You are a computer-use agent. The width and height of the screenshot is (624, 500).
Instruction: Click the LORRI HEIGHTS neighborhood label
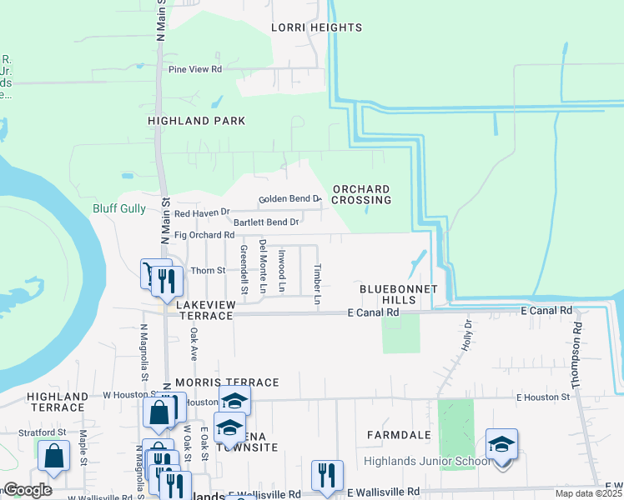pos(317,27)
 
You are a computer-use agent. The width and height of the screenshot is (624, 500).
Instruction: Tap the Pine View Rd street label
pos(195,69)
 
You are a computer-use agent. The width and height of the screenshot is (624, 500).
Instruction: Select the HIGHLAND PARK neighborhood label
pos(197,121)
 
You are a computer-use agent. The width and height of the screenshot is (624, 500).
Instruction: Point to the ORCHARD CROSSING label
pos(361,194)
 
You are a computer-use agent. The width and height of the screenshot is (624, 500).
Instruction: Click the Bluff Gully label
pos(118,208)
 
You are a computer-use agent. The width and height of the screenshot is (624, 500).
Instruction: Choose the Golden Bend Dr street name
pos(289,199)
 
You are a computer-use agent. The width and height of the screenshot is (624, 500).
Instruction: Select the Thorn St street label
pos(209,270)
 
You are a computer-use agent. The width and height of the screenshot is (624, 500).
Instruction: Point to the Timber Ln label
pos(317,284)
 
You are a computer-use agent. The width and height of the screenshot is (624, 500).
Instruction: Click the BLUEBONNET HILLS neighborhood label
pos(387,294)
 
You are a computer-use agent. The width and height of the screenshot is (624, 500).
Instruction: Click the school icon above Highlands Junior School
pos(501,445)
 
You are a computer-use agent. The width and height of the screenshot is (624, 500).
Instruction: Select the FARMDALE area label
pos(396,435)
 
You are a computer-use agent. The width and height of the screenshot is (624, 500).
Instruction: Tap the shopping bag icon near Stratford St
pos(53,457)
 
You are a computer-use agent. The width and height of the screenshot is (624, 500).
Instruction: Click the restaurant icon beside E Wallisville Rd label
pos(327,476)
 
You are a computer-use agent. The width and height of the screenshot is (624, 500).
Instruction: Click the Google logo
pos(28,490)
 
